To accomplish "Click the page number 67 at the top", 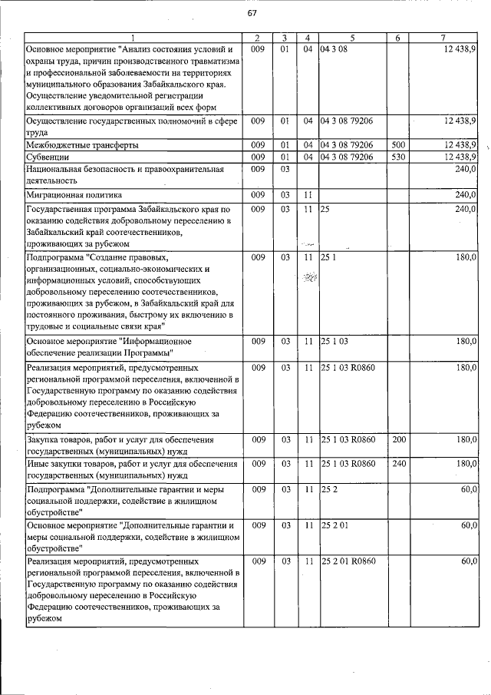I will tap(252, 13).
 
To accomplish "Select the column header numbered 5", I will tap(352, 38).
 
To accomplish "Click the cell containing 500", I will tap(397, 144).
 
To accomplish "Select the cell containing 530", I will tap(397, 157).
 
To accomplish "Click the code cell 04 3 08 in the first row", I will tap(334, 48).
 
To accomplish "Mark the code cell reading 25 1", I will tap(328, 257).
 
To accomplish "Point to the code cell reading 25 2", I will tap(328, 488).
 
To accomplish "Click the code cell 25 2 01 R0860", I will tap(349, 561).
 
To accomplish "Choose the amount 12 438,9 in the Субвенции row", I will tap(460, 157).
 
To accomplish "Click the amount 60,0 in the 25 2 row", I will tap(468, 488).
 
